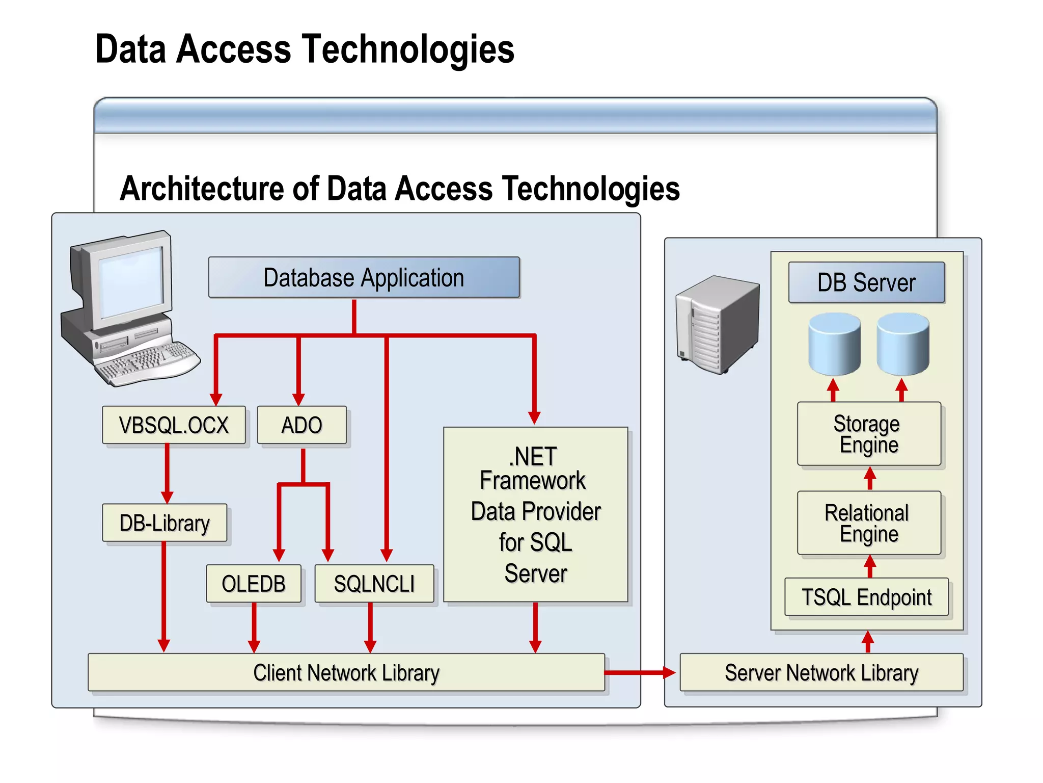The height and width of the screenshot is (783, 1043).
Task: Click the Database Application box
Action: coord(364,278)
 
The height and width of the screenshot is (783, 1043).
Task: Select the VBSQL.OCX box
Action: coord(174,425)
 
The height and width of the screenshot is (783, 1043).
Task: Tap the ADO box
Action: coord(301,425)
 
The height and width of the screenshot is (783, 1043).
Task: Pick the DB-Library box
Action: coord(164,523)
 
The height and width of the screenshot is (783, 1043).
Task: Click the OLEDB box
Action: coord(254,584)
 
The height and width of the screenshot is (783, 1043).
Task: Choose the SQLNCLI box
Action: coord(374,584)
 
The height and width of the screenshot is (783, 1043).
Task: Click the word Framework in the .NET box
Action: coord(533,481)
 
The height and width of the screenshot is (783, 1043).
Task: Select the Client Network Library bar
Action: coord(346,673)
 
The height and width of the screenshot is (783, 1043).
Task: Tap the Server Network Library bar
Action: coord(821,673)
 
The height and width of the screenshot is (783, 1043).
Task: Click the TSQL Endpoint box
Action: coord(866,597)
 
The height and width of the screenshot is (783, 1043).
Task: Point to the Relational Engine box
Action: coord(869,523)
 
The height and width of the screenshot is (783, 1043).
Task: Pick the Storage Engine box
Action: coord(869,434)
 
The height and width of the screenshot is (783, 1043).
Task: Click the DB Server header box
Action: coord(866,282)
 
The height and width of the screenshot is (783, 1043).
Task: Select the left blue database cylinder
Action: coord(835,345)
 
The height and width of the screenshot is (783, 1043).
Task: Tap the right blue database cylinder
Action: coord(903,345)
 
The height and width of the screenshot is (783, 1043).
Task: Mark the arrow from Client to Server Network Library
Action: coord(639,673)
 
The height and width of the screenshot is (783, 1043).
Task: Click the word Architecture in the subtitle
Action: coord(202,189)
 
